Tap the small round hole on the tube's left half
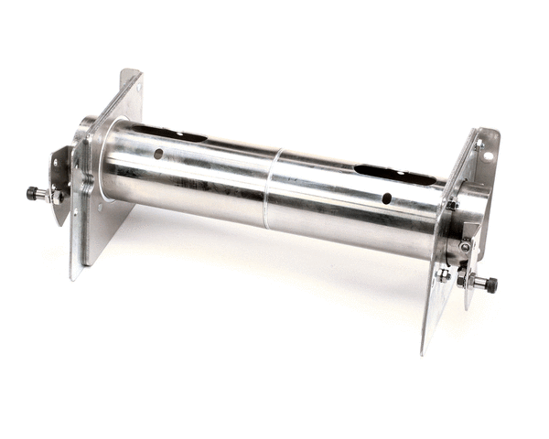point(158,154)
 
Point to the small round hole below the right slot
point(386,198)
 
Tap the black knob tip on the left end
point(31,193)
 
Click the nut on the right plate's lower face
point(443,273)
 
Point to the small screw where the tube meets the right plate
point(451,205)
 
